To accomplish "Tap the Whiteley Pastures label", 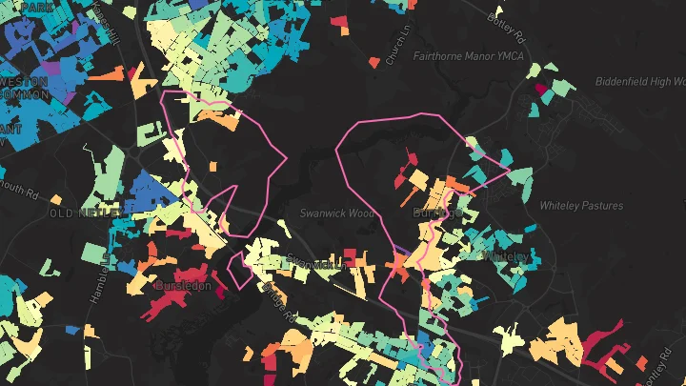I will click(581, 206).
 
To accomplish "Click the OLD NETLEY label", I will click(80, 212).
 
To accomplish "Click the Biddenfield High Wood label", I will click(639, 81).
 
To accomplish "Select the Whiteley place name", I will click(504, 257).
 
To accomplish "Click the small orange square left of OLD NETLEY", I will click(56, 200).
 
